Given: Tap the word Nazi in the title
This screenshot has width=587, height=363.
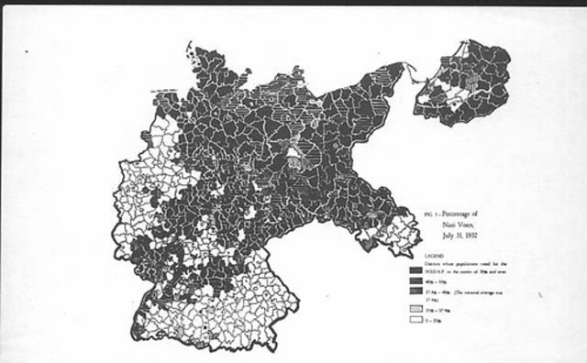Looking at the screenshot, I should [x=449, y=225].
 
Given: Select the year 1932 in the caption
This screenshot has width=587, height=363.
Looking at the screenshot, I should [x=471, y=236].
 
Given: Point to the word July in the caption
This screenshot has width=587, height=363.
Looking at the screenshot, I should [x=448, y=236].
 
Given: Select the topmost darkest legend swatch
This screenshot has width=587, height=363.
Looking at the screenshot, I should [x=415, y=270].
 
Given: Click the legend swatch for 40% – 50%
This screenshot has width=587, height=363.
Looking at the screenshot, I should [x=415, y=280].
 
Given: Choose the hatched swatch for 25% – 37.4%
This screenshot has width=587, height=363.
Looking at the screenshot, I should [x=415, y=310].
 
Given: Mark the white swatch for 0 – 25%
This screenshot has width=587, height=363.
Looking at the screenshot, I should [x=415, y=320].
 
